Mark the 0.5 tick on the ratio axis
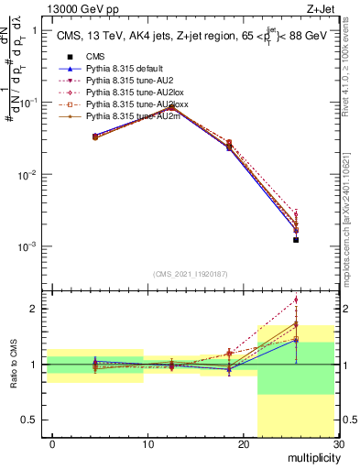(x=33, y=420)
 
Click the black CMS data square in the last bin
(x=296, y=240)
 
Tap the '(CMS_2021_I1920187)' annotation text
(x=190, y=274)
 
